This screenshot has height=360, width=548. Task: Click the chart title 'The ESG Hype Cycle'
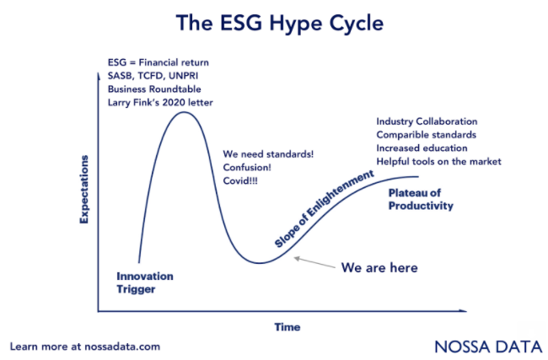coord(274,24)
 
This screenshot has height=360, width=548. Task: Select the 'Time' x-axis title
coord(287,326)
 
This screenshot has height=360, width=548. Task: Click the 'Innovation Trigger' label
coord(145,282)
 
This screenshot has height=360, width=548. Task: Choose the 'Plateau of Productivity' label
coord(421,200)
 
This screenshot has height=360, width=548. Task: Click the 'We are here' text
coord(379,267)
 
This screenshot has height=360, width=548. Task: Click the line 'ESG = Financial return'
coord(158,63)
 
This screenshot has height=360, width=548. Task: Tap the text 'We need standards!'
coord(268,155)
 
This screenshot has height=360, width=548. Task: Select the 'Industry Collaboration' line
coord(427,121)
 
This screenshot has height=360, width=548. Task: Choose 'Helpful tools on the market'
coord(438,161)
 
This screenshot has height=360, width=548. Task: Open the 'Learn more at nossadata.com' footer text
coord(84,347)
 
